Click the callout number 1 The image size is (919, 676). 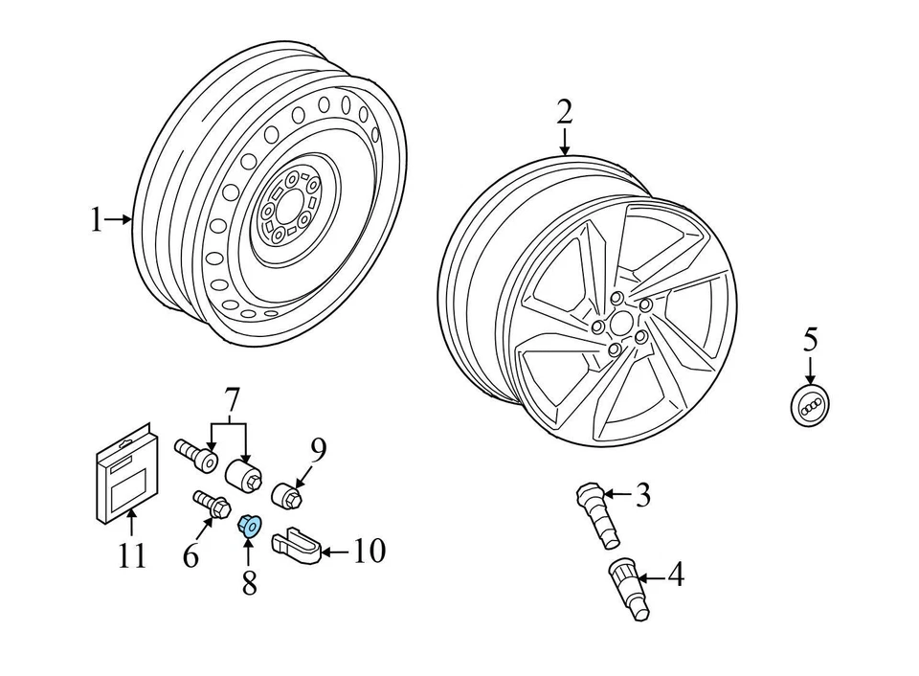pyautogui.click(x=95, y=221)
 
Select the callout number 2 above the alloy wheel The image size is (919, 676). pyautogui.click(x=565, y=113)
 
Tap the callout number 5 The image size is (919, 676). pyautogui.click(x=810, y=339)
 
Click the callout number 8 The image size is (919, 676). pyautogui.click(x=249, y=582)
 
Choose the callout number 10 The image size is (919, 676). pyautogui.click(x=370, y=551)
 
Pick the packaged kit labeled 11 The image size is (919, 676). pyautogui.click(x=124, y=479)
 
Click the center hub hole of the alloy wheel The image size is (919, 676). pyautogui.click(x=621, y=327)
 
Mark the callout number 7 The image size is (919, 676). pyautogui.click(x=230, y=397)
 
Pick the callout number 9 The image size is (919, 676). pyautogui.click(x=318, y=448)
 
